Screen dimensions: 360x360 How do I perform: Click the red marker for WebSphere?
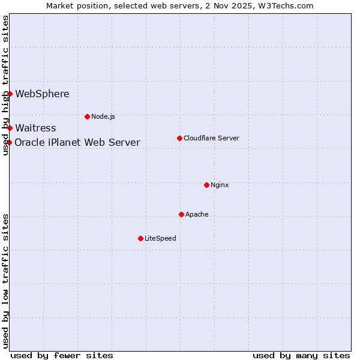(x=10, y=94)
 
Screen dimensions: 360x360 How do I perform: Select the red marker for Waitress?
(x=10, y=128)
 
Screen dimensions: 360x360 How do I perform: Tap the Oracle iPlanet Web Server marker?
(x=10, y=142)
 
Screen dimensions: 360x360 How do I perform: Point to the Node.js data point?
(x=87, y=116)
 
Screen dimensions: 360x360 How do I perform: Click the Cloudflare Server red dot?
(x=179, y=138)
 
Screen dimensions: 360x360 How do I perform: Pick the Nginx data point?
(x=206, y=185)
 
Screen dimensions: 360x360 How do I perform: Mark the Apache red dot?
(x=181, y=214)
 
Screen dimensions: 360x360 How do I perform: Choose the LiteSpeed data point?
(x=140, y=238)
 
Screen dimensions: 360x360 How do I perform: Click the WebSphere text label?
(x=42, y=94)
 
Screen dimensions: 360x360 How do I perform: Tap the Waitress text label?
(x=35, y=128)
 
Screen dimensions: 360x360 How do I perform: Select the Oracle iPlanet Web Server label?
(x=77, y=142)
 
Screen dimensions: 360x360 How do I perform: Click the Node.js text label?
(x=103, y=116)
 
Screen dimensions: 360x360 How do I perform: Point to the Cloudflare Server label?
(x=211, y=138)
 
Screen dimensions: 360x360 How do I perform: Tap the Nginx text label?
(x=220, y=185)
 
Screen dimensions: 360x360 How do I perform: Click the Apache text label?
(x=197, y=214)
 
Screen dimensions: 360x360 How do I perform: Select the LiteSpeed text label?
(x=160, y=238)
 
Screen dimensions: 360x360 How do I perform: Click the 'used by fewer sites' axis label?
(x=62, y=355)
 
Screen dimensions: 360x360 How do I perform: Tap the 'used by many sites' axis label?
(x=301, y=355)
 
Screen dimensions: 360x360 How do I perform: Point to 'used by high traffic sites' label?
(x=5, y=85)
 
